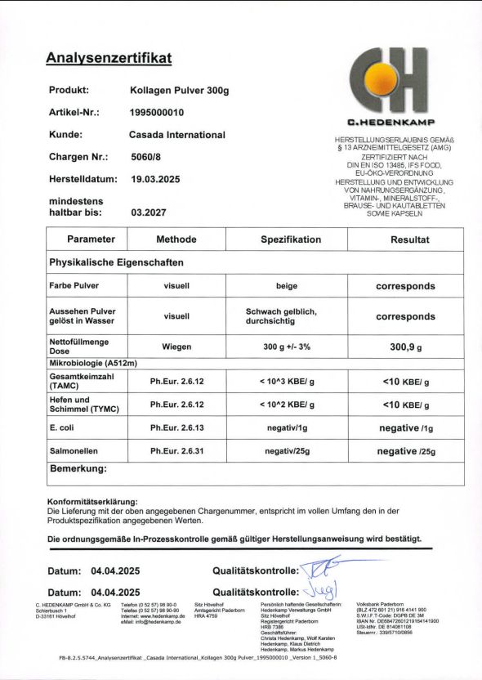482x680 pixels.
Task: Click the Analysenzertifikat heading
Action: click(108, 58)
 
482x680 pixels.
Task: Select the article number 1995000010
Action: click(157, 112)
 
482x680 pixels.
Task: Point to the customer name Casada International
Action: click(177, 134)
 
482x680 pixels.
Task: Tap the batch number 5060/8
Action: click(147, 156)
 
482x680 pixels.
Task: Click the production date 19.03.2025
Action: click(161, 178)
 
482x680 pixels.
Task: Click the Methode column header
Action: click(176, 239)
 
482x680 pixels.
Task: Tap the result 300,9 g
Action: click(405, 347)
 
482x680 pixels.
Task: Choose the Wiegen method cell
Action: click(176, 347)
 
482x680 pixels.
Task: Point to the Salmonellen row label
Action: click(76, 450)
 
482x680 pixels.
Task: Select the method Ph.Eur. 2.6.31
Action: click(176, 450)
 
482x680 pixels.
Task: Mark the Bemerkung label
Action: click(78, 469)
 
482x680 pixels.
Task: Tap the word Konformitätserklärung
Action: click(92, 500)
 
